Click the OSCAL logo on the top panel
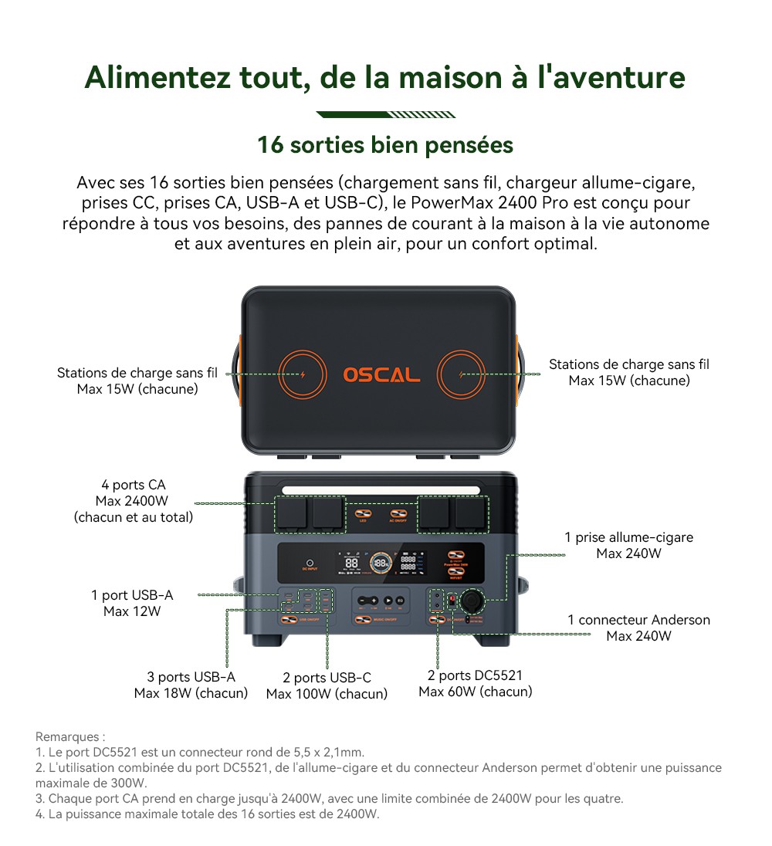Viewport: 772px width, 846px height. (x=381, y=374)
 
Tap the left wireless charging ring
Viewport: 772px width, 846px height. (x=302, y=375)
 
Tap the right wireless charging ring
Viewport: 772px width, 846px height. (x=461, y=375)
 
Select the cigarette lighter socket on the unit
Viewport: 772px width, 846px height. (x=472, y=600)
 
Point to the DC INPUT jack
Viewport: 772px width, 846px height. (x=310, y=564)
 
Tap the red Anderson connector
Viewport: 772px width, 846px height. (x=453, y=599)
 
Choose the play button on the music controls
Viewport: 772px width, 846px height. (x=388, y=600)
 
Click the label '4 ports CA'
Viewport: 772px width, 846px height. (x=133, y=485)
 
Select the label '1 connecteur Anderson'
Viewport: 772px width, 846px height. (x=638, y=620)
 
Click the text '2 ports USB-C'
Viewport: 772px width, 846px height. (x=327, y=678)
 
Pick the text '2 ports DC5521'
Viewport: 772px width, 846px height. (x=475, y=675)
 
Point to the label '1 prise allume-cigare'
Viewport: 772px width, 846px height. (x=628, y=537)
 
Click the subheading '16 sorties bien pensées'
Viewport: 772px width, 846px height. (x=384, y=144)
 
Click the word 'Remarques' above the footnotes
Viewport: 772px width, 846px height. (x=68, y=737)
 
